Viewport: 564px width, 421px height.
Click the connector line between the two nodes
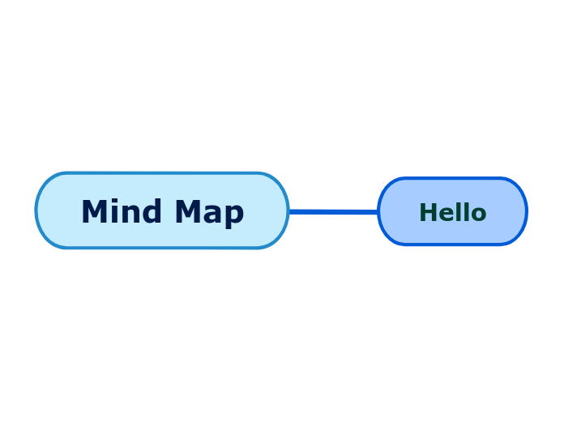[x=333, y=212]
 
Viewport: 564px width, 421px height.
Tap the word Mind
[x=117, y=212]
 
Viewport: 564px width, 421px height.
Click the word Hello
[x=452, y=212]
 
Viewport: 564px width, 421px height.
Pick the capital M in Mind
[x=92, y=212]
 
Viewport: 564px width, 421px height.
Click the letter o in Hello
[x=478, y=214]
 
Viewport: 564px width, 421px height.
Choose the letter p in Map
[x=234, y=215]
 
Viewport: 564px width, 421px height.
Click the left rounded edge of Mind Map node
[x=37, y=210]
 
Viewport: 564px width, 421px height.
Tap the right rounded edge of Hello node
[x=526, y=211]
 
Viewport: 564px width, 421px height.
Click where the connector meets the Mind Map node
[x=289, y=211]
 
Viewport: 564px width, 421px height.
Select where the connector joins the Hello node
[x=378, y=212]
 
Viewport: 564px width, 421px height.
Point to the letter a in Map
[x=214, y=215]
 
